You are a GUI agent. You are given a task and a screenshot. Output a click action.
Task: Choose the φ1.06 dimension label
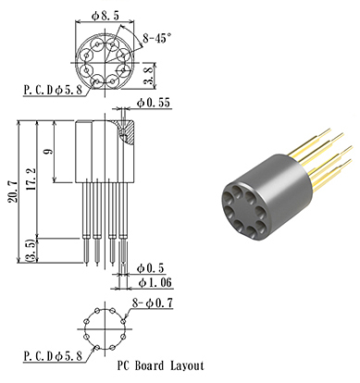(155, 282)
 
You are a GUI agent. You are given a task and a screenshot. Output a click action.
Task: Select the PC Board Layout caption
(159, 366)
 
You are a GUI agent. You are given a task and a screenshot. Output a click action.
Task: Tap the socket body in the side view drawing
(100, 153)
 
